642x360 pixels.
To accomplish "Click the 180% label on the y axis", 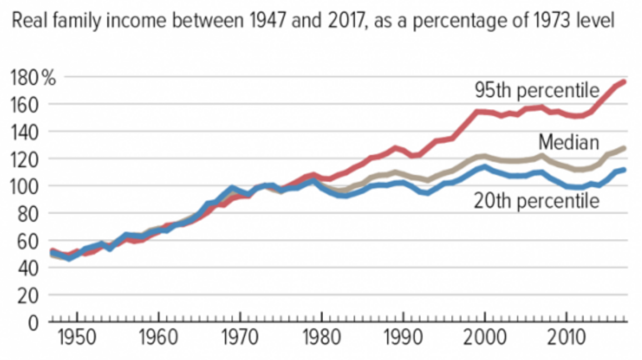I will pos(33,78).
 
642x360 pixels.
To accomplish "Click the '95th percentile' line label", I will pos(536,90).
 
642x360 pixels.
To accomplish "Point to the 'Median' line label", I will pos(569,142).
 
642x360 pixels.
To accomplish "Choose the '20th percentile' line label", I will pos(536,201).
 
